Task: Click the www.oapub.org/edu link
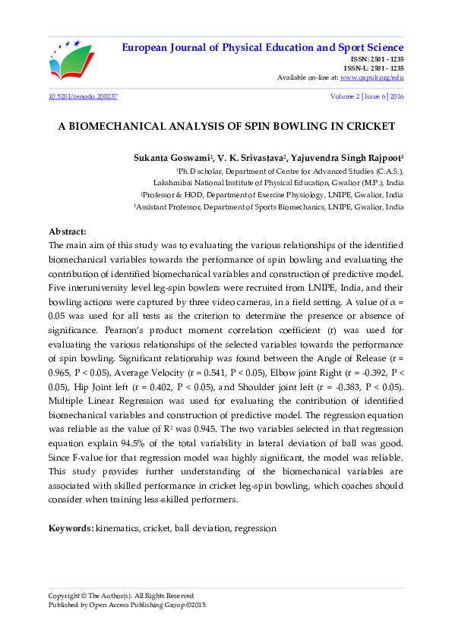click(x=372, y=77)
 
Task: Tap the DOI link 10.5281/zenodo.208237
click(x=83, y=98)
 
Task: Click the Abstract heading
click(x=68, y=231)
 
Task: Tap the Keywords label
click(x=71, y=527)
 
